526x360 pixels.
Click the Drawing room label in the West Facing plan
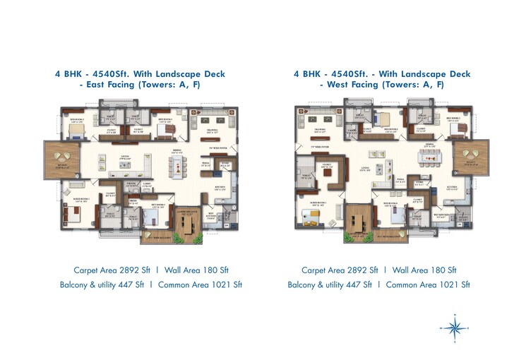pos(318,131)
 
